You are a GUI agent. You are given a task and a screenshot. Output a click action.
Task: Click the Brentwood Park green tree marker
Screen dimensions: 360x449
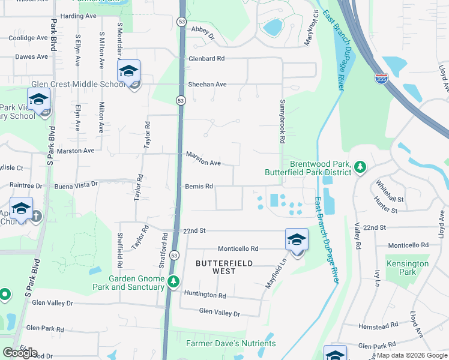(360, 167)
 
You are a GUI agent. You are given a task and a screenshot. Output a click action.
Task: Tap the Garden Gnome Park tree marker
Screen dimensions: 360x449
(173, 281)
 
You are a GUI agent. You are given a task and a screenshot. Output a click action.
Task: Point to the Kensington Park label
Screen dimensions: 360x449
(408, 268)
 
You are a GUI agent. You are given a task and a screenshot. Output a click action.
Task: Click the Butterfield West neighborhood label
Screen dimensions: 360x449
(223, 267)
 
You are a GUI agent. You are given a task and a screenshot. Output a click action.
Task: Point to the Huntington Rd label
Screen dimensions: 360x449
(205, 295)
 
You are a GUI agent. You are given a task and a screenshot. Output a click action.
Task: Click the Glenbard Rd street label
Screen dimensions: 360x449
(206, 59)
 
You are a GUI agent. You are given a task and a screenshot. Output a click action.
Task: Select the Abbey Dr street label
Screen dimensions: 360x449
(202, 31)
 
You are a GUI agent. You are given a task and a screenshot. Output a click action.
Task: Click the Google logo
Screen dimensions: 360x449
(20, 353)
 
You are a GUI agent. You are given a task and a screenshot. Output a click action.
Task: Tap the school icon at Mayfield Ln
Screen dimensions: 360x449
(297, 240)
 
